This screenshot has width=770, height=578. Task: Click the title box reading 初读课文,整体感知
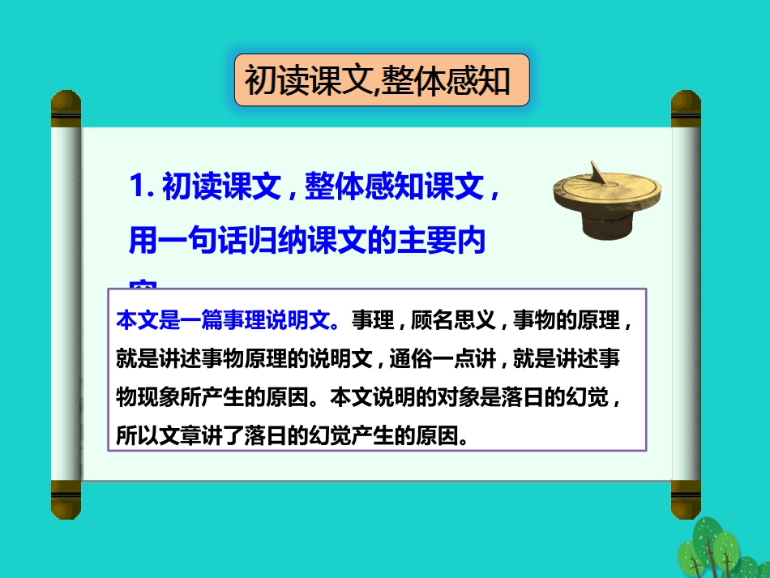click(381, 80)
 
